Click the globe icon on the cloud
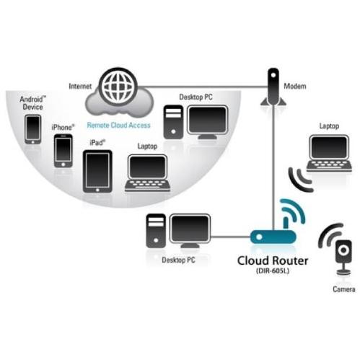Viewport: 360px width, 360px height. (x=118, y=87)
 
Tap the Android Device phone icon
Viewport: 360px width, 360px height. (x=33, y=129)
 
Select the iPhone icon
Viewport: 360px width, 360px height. (x=63, y=151)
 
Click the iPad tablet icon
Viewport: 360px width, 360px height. (x=97, y=171)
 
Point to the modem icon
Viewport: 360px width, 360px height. (x=273, y=87)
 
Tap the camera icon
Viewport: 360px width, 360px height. (x=344, y=258)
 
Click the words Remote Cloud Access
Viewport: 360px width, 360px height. (x=118, y=125)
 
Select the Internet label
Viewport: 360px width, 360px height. (x=80, y=86)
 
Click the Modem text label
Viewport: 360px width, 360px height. (x=295, y=86)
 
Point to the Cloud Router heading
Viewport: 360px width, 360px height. (x=273, y=260)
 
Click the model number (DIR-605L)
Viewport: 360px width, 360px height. (x=273, y=271)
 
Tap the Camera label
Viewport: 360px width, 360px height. (x=344, y=289)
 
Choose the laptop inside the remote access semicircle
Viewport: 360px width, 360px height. (x=147, y=173)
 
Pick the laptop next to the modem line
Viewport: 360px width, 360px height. (x=329, y=153)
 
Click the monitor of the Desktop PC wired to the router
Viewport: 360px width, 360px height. (x=190, y=231)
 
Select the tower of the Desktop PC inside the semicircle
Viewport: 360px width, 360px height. (x=173, y=122)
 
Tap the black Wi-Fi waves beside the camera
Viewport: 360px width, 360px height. (x=330, y=234)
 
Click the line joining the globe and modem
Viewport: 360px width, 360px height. (x=203, y=87)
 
